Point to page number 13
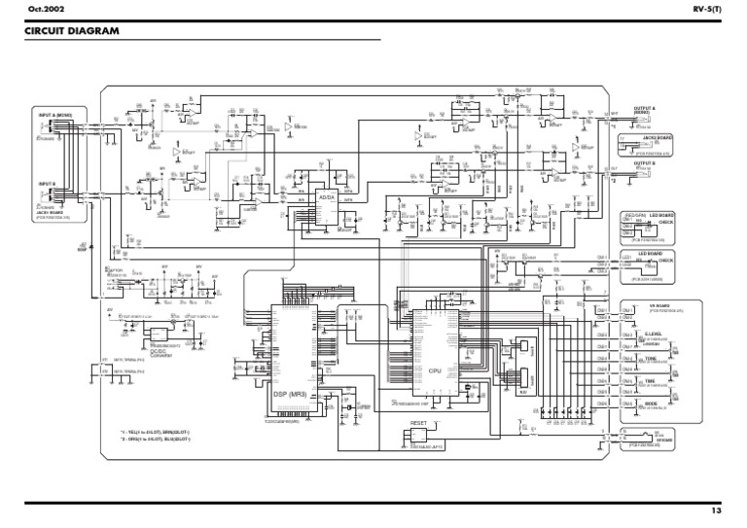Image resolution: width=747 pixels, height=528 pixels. pyautogui.click(x=716, y=510)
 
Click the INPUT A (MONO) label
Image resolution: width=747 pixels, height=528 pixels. pyautogui.click(x=55, y=114)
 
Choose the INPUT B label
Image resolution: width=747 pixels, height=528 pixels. pyautogui.click(x=48, y=183)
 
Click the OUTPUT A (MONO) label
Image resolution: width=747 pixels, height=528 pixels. pyautogui.click(x=644, y=110)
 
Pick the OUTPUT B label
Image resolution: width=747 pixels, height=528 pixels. pyautogui.click(x=644, y=162)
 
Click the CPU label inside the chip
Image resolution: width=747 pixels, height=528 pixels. pyautogui.click(x=435, y=370)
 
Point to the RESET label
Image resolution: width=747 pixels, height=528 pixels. pyautogui.click(x=419, y=424)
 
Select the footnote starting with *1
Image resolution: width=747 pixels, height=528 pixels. pyautogui.click(x=156, y=433)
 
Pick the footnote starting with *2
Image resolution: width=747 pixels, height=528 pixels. pyautogui.click(x=156, y=440)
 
